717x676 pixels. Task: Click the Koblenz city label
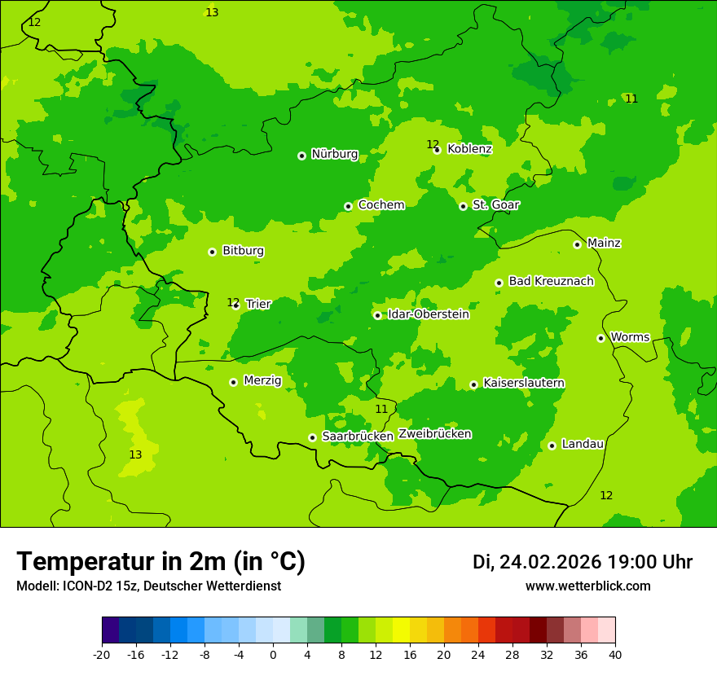(x=469, y=149)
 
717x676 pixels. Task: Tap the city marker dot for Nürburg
(x=301, y=156)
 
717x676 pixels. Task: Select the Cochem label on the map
(x=381, y=205)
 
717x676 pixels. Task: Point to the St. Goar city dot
(x=463, y=206)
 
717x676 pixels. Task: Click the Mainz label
(x=604, y=244)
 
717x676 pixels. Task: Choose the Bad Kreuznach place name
(x=551, y=282)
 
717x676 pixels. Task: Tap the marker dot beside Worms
(x=600, y=338)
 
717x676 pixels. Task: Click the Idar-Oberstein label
(x=428, y=314)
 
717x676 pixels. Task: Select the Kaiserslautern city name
(x=524, y=383)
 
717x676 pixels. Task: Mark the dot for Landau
(x=552, y=446)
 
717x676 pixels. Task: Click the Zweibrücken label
(x=434, y=434)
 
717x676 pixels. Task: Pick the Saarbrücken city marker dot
(x=312, y=437)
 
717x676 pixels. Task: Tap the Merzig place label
(x=262, y=380)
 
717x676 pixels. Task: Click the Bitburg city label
(x=243, y=251)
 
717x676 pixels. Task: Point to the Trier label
(x=258, y=304)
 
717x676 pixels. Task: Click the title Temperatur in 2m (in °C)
(x=161, y=562)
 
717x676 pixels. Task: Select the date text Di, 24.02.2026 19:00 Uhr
(x=583, y=562)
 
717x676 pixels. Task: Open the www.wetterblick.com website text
(x=587, y=586)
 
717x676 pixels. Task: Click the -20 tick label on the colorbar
(x=102, y=655)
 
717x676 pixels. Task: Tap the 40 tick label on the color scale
(x=615, y=655)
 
